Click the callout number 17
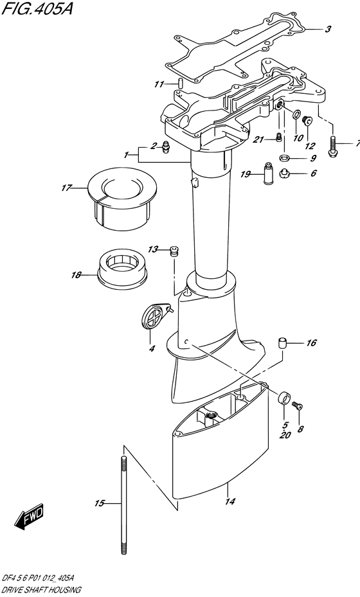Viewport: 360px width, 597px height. pos(67,188)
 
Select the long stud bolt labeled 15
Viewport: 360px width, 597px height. pos(123,505)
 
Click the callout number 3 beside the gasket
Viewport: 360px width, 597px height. pos(328,29)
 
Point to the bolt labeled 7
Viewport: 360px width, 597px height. pos(332,147)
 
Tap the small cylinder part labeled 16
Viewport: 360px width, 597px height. pos(282,343)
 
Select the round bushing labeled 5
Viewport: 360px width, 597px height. pos(284,399)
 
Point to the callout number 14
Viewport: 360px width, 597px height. pos(230,501)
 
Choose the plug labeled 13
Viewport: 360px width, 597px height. pos(174,252)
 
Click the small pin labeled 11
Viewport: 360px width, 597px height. pos(181,83)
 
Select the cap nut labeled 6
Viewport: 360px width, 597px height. pos(283,174)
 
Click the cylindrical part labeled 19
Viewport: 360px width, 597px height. pos(269,174)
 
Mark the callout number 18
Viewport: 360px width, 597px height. pos(76,274)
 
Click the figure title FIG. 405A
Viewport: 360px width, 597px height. pos(36,10)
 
